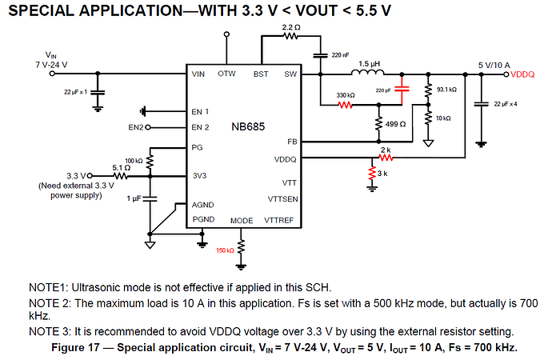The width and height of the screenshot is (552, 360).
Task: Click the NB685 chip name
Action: point(248,127)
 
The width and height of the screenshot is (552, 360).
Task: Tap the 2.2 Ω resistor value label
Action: point(291,28)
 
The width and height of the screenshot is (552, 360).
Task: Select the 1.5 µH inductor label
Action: point(369,63)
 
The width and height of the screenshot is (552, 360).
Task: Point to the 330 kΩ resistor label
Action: point(346,95)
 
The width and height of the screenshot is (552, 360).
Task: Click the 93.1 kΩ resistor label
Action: point(446,90)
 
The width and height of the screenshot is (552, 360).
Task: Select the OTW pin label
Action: point(226,74)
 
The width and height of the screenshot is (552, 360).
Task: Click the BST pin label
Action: point(261,74)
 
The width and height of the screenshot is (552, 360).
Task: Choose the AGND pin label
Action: point(202,205)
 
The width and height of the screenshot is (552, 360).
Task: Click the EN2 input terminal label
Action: point(135,127)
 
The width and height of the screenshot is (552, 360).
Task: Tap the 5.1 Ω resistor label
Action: point(121,167)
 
